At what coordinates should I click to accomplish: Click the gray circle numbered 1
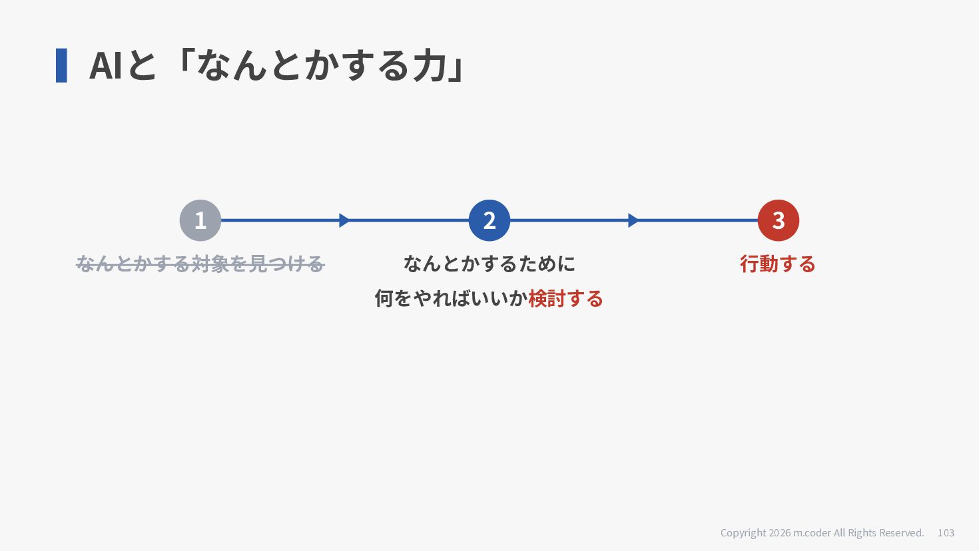[x=200, y=220]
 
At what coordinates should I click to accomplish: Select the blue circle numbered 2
[x=489, y=220]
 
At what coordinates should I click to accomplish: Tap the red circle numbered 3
[x=779, y=220]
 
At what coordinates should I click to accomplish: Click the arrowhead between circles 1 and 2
[x=344, y=220]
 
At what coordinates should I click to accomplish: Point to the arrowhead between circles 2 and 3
[x=633, y=220]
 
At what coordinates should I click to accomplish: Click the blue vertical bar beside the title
[x=61, y=65]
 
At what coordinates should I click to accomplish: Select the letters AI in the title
[x=105, y=65]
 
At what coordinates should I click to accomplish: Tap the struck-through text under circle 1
[x=200, y=264]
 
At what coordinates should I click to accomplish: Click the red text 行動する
[x=778, y=264]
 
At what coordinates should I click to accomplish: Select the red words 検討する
[x=565, y=299]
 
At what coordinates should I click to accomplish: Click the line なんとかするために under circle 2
[x=489, y=264]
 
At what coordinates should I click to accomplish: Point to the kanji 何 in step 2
[x=384, y=299]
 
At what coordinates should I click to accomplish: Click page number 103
[x=946, y=533]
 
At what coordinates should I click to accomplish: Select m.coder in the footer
[x=812, y=533]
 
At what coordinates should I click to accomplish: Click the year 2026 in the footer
[x=780, y=533]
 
